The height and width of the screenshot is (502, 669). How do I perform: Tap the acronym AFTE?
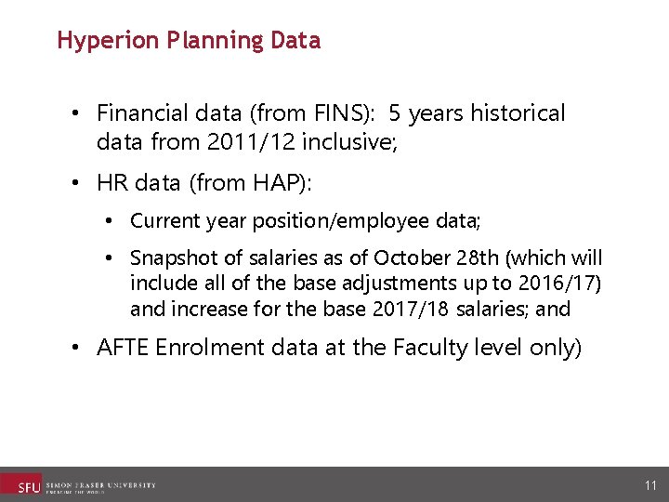(x=123, y=348)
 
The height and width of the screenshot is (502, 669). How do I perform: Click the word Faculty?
(x=435, y=348)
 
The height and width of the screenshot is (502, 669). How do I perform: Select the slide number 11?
(x=650, y=485)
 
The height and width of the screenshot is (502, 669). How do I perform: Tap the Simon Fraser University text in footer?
(x=100, y=484)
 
